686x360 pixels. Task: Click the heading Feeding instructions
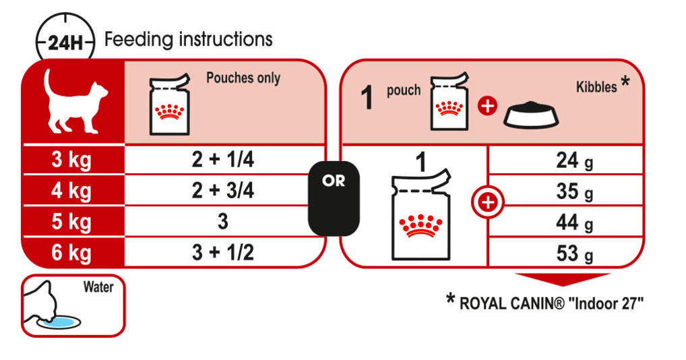click(x=189, y=39)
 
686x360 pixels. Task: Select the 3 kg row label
click(x=71, y=160)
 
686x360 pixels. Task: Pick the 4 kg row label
click(x=71, y=191)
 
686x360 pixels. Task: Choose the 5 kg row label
click(x=71, y=222)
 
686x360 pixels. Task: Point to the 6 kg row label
click(x=71, y=253)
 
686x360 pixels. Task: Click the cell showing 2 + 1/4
click(x=222, y=160)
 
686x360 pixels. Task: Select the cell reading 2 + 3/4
click(x=222, y=191)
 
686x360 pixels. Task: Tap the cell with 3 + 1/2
click(x=222, y=253)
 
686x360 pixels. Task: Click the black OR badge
click(x=334, y=198)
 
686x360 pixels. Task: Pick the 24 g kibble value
click(x=574, y=161)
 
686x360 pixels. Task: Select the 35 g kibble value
click(x=574, y=192)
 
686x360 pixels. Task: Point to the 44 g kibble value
click(x=574, y=223)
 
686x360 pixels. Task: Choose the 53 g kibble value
click(x=574, y=254)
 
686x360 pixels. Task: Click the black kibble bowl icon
click(x=531, y=115)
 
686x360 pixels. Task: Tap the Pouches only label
click(x=243, y=78)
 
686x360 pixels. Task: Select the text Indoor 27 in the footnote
click(x=606, y=303)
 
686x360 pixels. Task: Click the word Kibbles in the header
click(x=597, y=87)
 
